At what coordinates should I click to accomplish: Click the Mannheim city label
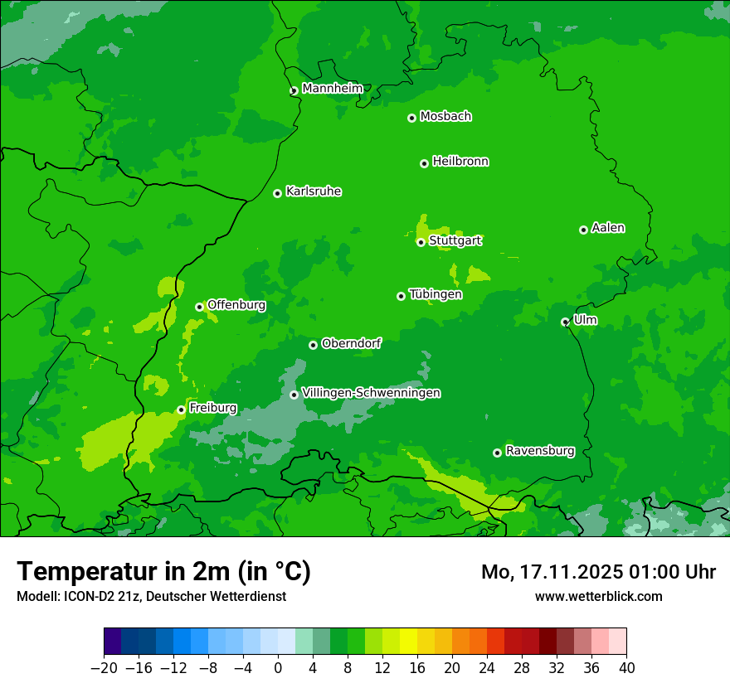tap(332, 89)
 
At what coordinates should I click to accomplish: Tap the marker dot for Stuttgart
tap(421, 242)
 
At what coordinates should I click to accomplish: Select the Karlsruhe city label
tap(314, 191)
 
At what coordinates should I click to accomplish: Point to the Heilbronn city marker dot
tap(424, 163)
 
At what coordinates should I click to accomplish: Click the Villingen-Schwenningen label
tap(372, 393)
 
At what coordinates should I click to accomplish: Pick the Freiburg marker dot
tap(181, 409)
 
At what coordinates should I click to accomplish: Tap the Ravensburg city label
tap(540, 451)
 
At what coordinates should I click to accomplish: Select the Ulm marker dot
tap(566, 322)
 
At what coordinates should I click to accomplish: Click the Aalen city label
tap(608, 228)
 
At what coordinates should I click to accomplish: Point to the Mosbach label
tap(445, 117)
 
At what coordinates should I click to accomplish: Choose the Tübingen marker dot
tap(401, 296)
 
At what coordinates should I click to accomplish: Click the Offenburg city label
tap(236, 305)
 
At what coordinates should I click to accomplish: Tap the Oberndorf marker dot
tap(313, 345)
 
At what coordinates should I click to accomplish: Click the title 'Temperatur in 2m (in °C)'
tap(163, 571)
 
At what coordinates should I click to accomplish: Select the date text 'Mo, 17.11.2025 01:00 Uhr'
tap(598, 572)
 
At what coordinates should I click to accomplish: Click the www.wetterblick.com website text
tap(598, 596)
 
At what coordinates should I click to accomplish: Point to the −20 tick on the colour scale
tap(105, 668)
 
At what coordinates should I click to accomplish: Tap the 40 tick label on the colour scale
tap(626, 668)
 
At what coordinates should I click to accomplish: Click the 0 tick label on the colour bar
tap(278, 668)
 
